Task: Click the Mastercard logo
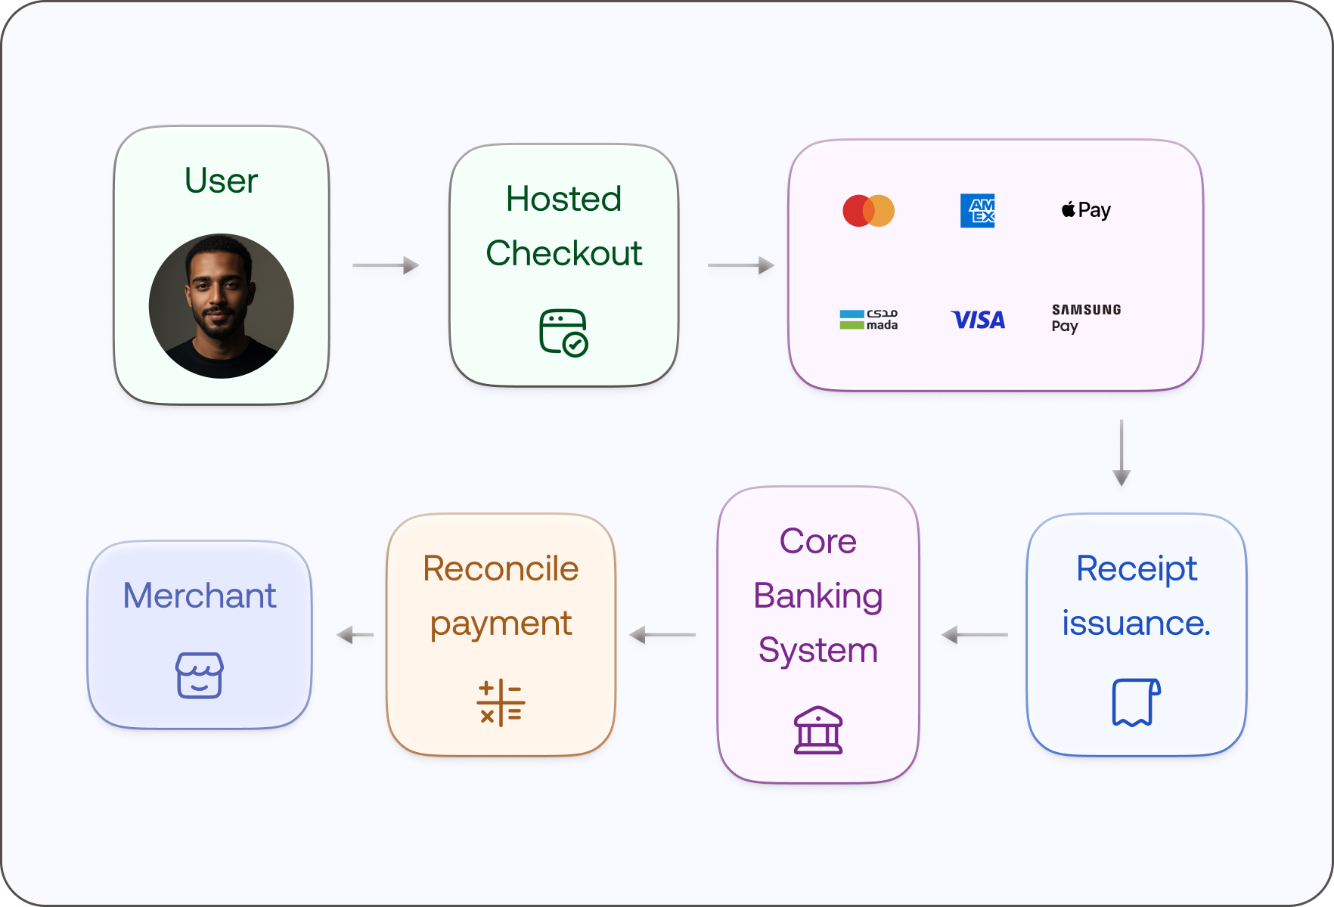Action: tap(868, 210)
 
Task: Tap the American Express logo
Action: tap(977, 210)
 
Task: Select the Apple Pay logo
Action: tap(1086, 210)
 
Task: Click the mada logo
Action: tap(868, 319)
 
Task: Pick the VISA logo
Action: tap(977, 320)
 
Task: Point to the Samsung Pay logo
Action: tap(1085, 317)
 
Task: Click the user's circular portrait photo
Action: tap(221, 305)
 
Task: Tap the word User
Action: tap(221, 181)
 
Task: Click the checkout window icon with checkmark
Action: tap(563, 332)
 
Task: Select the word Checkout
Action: tap(563, 253)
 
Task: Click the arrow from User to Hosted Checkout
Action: tap(386, 265)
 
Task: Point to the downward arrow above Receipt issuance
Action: tap(1121, 452)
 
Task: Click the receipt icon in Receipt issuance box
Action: tap(1136, 702)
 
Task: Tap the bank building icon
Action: tap(817, 730)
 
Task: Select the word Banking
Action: tap(817, 596)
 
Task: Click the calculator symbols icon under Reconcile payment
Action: tap(501, 703)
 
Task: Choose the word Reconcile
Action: tap(501, 568)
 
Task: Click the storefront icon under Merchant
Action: tap(199, 675)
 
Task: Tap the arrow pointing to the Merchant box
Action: tap(355, 635)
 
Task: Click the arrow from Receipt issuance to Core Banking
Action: tap(974, 635)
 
